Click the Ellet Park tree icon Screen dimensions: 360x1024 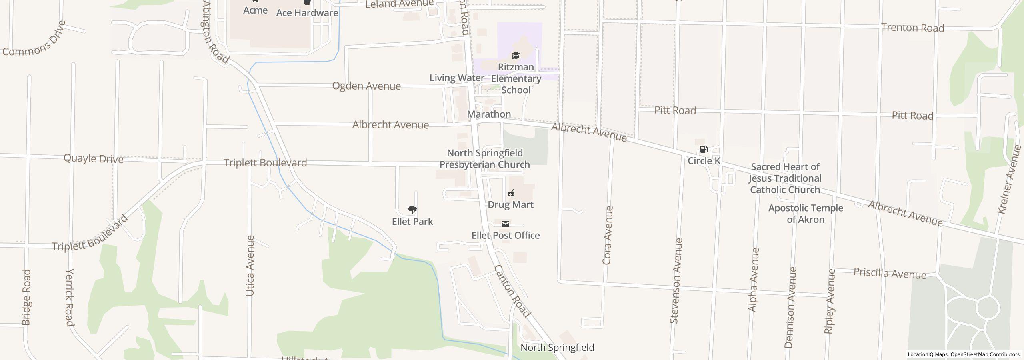point(412,210)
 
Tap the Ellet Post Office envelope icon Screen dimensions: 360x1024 point(506,224)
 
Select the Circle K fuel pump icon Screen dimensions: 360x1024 point(704,150)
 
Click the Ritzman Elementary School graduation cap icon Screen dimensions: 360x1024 point(516,55)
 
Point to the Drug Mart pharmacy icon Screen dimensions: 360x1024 point(510,194)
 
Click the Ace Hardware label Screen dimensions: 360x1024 point(307,13)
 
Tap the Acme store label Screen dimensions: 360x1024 point(255,10)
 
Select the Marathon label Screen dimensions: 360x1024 point(489,114)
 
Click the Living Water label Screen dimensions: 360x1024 point(457,78)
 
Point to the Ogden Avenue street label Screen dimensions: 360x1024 point(366,86)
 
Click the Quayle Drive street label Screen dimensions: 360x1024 point(94,159)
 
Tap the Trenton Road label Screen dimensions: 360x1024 point(912,28)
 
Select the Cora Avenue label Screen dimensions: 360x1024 point(607,235)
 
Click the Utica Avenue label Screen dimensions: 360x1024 point(250,266)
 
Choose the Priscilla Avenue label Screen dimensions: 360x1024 point(890,273)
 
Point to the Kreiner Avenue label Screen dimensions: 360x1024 point(1009,180)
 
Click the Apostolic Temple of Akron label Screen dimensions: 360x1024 point(806,214)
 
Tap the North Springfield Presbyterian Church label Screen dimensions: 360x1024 point(485,159)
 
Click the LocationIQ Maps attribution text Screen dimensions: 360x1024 point(964,354)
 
